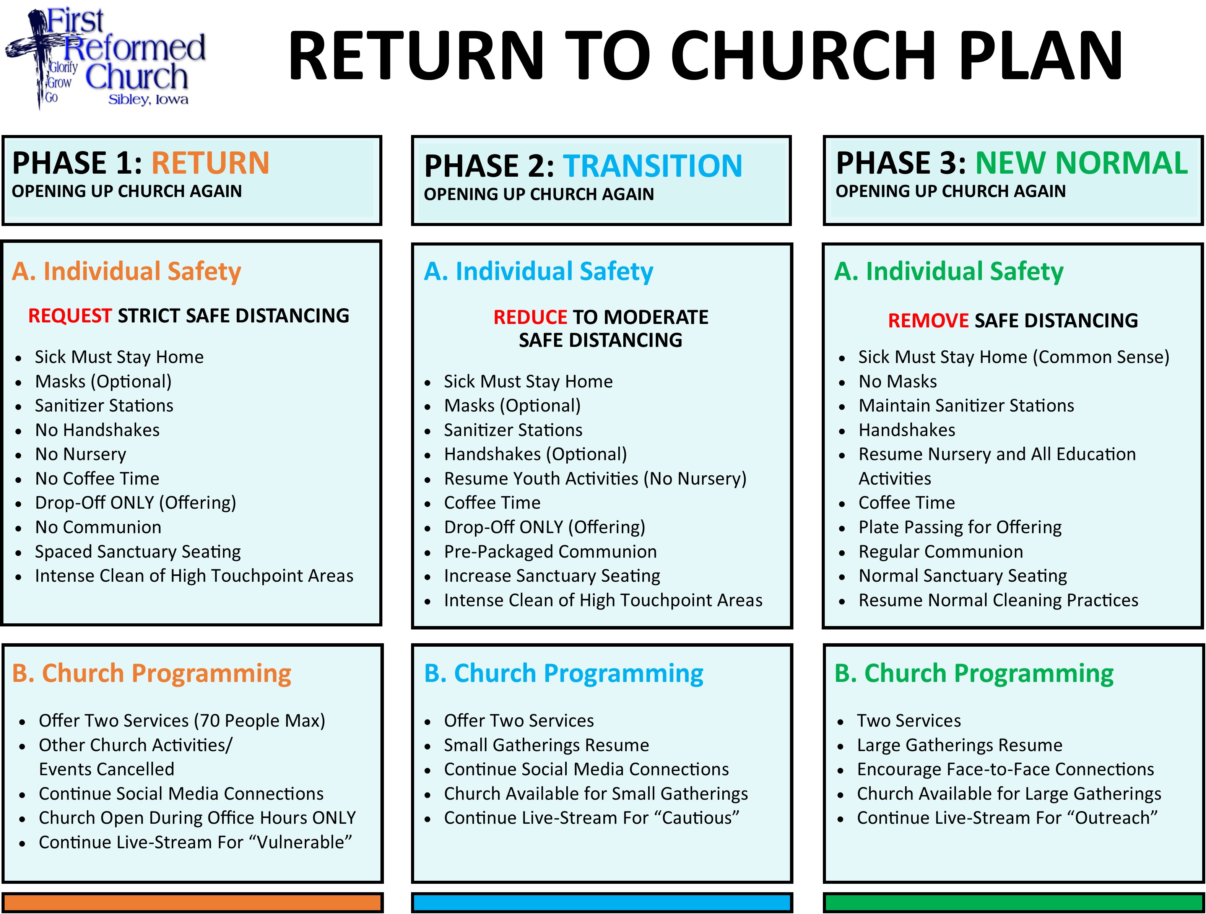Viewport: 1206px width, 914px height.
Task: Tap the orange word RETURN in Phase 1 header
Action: pyautogui.click(x=210, y=163)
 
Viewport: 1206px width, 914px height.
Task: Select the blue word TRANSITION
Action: pyautogui.click(x=653, y=166)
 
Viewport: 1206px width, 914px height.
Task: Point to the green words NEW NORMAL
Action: pyautogui.click(x=1082, y=163)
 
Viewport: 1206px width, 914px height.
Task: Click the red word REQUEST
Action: pyautogui.click(x=70, y=316)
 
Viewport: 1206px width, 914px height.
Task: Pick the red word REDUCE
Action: pyautogui.click(x=530, y=317)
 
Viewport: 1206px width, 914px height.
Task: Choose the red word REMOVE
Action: pyautogui.click(x=928, y=320)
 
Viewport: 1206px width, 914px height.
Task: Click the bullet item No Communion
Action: pyautogui.click(x=98, y=527)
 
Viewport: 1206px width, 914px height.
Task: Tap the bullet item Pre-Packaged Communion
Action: pyautogui.click(x=551, y=552)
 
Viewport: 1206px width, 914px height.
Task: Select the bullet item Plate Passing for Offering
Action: pyautogui.click(x=960, y=527)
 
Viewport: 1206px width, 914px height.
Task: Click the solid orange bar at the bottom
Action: pyautogui.click(x=192, y=903)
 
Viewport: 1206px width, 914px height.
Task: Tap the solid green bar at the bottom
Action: pyautogui.click(x=1013, y=903)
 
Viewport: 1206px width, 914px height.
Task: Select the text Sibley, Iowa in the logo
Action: pyautogui.click(x=148, y=100)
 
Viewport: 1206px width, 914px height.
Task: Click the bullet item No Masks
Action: pyautogui.click(x=897, y=382)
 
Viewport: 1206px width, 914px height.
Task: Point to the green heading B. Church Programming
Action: pyautogui.click(x=974, y=673)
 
